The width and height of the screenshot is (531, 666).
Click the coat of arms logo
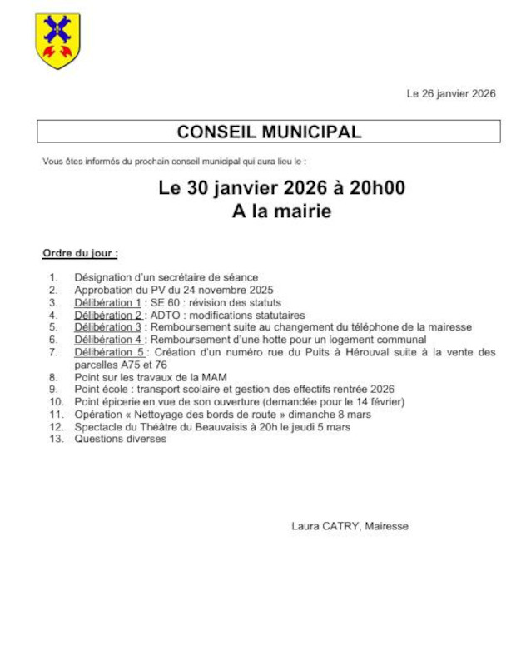point(57,41)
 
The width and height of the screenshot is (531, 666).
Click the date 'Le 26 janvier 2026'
point(450,94)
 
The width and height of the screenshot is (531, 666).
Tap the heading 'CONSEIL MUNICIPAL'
point(269,132)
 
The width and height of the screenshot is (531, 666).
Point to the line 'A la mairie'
point(281,212)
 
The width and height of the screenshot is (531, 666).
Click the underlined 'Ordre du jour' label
point(80,252)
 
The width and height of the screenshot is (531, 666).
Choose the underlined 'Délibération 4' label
point(108,340)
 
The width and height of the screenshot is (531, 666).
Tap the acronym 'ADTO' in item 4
point(165,315)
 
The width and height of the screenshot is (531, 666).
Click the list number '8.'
point(53,377)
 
